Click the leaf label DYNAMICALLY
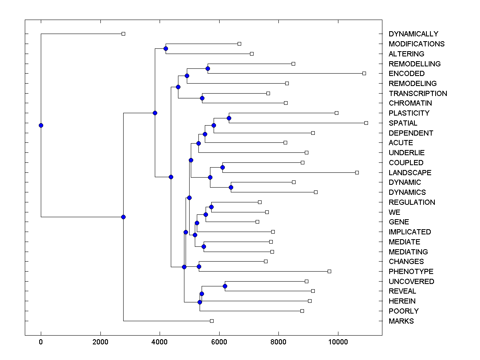[413, 34]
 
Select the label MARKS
[401, 321]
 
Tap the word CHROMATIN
[410, 103]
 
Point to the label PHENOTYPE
[411, 272]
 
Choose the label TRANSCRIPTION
[418, 94]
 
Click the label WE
[394, 212]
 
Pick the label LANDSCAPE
[410, 173]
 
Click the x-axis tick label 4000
[160, 342]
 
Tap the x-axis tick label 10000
[338, 342]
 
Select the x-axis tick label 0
[41, 342]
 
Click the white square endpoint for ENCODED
[364, 73]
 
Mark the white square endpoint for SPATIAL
[366, 123]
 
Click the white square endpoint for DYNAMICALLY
[123, 34]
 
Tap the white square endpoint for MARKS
[212, 321]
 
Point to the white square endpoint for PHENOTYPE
[329, 271]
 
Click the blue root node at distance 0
[41, 125]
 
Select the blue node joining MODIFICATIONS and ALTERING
[166, 48]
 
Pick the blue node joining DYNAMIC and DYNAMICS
[231, 187]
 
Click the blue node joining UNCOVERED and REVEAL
[225, 286]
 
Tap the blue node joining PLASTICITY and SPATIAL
[229, 118]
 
